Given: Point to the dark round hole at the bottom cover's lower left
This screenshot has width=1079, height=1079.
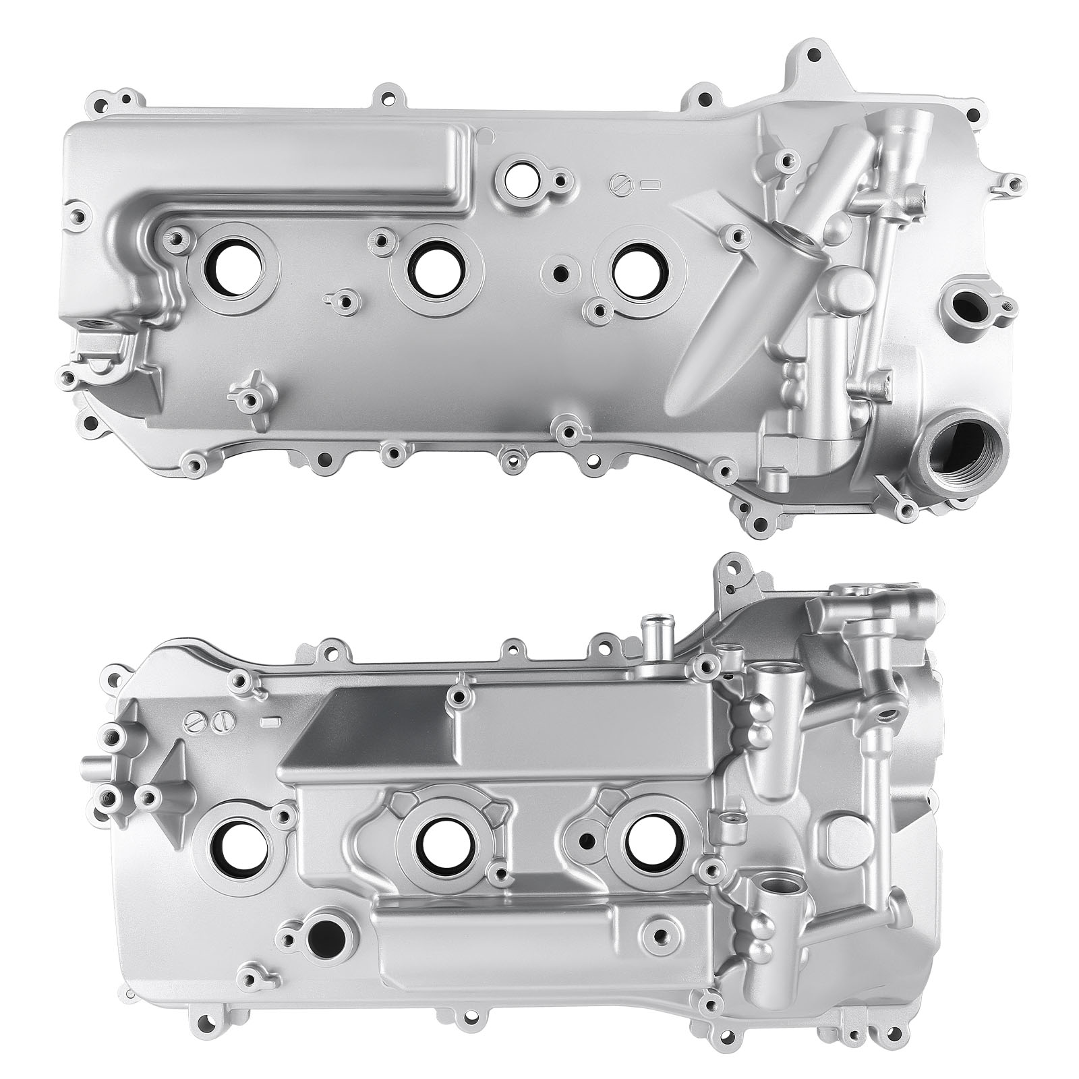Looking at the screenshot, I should tap(325, 939).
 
